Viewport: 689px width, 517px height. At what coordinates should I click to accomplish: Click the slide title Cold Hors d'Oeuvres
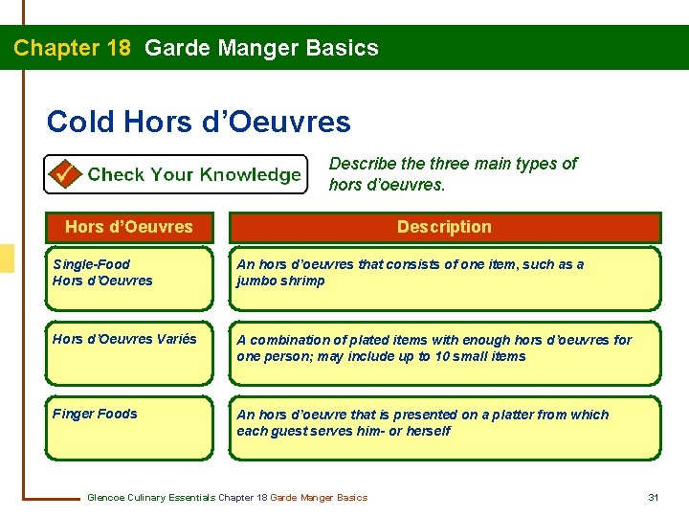pyautogui.click(x=198, y=122)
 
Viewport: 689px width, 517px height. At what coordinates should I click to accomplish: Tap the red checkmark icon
pyautogui.click(x=64, y=174)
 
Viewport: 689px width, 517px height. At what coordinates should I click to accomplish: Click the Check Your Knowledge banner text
pyautogui.click(x=194, y=174)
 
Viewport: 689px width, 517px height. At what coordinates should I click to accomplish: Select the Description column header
pyautogui.click(x=444, y=227)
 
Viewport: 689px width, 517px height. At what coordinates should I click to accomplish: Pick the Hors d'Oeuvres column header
pyautogui.click(x=128, y=227)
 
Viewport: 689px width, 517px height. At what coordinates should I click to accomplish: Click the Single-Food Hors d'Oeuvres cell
pyautogui.click(x=128, y=278)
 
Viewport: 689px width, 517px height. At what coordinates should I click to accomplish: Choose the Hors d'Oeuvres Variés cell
pyautogui.click(x=128, y=350)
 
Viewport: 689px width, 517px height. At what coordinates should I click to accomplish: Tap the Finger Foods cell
pyautogui.click(x=128, y=426)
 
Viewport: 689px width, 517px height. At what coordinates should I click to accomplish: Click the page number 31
pyautogui.click(x=654, y=497)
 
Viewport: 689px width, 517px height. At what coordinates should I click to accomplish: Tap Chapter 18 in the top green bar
pyautogui.click(x=73, y=48)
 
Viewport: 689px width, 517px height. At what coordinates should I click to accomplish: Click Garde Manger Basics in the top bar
pyautogui.click(x=261, y=48)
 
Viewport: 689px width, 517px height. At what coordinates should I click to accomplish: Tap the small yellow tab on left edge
pyautogui.click(x=6, y=258)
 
